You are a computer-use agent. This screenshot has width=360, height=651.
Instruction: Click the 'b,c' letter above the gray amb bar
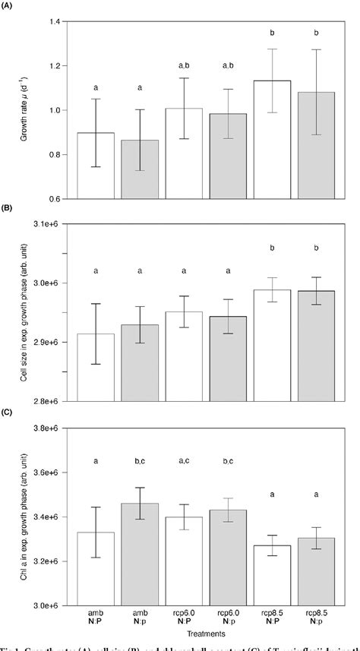[139, 460]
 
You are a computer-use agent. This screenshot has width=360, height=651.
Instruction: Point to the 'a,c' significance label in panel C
[184, 460]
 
